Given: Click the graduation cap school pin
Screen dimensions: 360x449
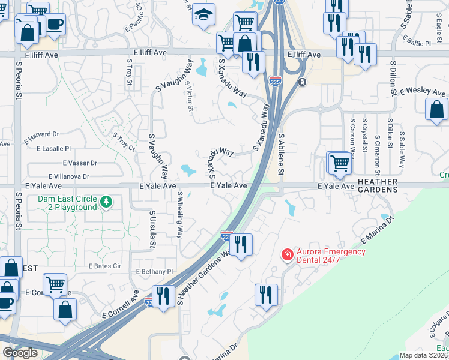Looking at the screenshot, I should [203, 14].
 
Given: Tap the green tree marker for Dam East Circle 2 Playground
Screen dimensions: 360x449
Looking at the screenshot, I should [106, 202].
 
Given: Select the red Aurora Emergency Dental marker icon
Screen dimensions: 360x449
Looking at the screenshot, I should [288, 255].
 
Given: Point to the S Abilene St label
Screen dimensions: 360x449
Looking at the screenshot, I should [281, 154].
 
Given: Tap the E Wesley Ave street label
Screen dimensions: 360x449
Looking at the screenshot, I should [423, 92].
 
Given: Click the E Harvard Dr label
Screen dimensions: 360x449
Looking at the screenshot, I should [42, 137].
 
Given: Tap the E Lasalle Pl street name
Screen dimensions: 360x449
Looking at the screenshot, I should [53, 148].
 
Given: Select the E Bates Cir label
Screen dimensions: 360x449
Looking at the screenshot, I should [105, 265].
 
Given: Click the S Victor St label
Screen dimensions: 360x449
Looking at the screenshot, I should [190, 97].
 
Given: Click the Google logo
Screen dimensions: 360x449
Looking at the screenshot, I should [20, 353].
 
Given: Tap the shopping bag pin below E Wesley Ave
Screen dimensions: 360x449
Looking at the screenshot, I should [436, 110].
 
